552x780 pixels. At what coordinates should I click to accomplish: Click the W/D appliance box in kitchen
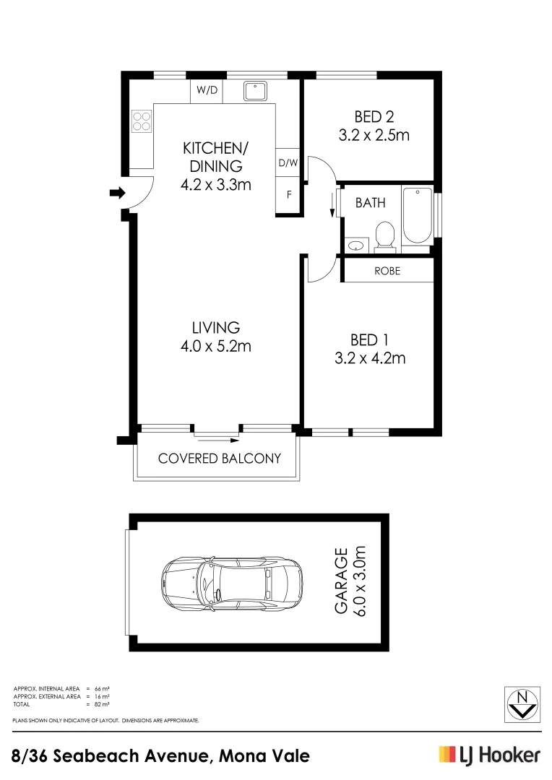pyautogui.click(x=207, y=90)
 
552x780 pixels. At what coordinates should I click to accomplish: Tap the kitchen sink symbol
pyautogui.click(x=255, y=91)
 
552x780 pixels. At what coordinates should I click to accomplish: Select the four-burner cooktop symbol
pyautogui.click(x=142, y=121)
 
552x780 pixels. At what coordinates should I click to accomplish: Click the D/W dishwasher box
pyautogui.click(x=288, y=163)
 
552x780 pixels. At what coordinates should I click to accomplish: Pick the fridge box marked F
pyautogui.click(x=288, y=195)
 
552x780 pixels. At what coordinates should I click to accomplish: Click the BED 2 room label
pyautogui.click(x=374, y=116)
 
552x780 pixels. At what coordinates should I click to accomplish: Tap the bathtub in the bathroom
pyautogui.click(x=417, y=216)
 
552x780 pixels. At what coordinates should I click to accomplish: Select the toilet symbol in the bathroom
pyautogui.click(x=385, y=236)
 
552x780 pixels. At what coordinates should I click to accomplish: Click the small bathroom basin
pyautogui.click(x=355, y=246)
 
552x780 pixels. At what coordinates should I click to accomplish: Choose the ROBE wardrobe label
pyautogui.click(x=387, y=272)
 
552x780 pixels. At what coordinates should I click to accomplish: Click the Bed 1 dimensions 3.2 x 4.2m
pyautogui.click(x=370, y=357)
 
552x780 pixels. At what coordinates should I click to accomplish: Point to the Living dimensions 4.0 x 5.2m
pyautogui.click(x=215, y=346)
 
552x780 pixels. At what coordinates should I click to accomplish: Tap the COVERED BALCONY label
pyautogui.click(x=219, y=459)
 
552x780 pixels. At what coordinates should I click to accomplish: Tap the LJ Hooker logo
pyautogui.click(x=489, y=755)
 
